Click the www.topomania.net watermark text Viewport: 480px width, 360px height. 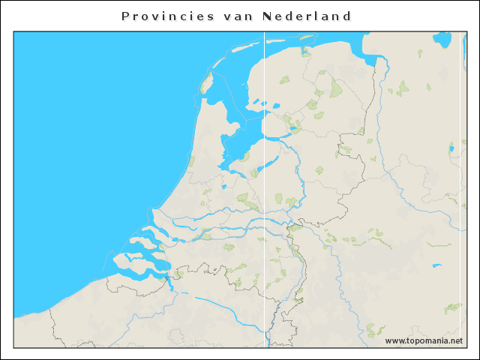point(423,341)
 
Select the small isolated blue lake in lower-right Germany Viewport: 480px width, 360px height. point(436,265)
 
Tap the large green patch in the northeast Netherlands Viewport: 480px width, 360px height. point(335,88)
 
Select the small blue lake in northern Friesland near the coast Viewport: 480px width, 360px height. point(305,53)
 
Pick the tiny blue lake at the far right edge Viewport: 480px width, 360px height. point(451,148)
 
